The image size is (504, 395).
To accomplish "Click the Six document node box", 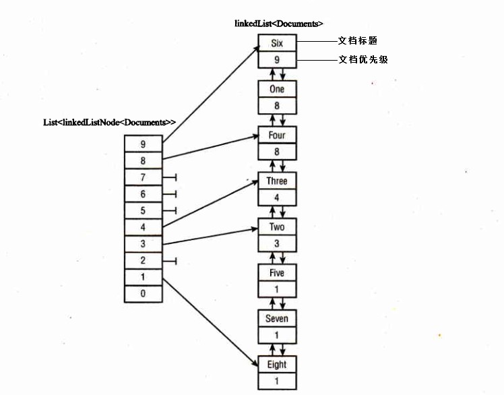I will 276,43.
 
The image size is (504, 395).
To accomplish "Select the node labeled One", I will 276,89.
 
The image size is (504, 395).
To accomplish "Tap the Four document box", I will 276,135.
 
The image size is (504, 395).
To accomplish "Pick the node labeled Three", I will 276,181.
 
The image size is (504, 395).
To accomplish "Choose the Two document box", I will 276,227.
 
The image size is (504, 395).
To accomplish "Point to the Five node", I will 276,273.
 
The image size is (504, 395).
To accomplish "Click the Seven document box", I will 276,319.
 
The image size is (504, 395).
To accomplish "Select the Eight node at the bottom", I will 276,365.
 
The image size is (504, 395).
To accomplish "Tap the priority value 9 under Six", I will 276,59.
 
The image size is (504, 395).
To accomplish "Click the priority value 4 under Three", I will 276,197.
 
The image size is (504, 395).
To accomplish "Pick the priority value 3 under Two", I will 276,243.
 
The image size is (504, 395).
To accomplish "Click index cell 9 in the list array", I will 143,144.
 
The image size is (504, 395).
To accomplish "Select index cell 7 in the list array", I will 143,177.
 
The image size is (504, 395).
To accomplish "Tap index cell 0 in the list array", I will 143,294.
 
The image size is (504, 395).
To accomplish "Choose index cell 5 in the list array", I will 143,210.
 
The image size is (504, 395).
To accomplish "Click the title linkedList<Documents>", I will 274,24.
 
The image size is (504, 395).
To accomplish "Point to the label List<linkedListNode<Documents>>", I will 109,123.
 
